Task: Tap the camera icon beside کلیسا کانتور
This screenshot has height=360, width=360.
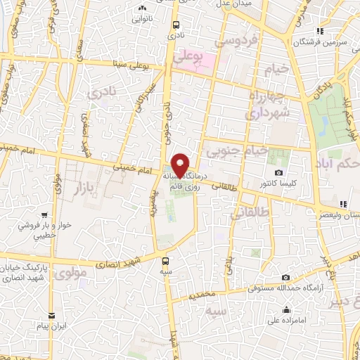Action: [279, 173]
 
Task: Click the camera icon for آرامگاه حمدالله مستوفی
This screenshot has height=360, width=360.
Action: [285, 278]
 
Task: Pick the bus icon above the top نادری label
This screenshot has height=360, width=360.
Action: [174, 25]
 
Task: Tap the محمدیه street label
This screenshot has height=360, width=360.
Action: [200, 297]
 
